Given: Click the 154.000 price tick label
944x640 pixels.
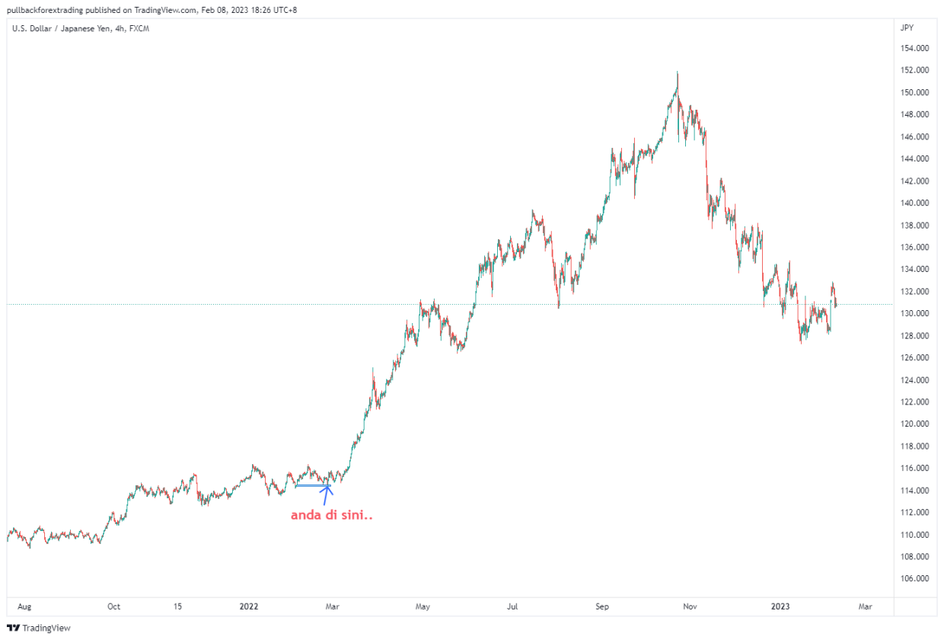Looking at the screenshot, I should click(x=914, y=48).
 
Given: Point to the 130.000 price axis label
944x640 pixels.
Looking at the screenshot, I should click(x=914, y=313).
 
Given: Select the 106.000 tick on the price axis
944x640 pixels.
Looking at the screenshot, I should click(x=914, y=578).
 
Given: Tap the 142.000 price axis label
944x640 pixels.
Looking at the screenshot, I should click(x=914, y=181).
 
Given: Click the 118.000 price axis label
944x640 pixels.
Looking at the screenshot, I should click(x=914, y=446).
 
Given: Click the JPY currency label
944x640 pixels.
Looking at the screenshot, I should click(x=907, y=27).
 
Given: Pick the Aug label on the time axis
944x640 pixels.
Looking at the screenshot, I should click(x=24, y=606).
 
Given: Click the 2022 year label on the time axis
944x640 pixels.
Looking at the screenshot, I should click(x=249, y=606).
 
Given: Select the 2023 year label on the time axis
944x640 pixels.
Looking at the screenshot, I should click(x=780, y=606).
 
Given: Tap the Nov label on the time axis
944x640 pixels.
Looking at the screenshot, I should click(x=690, y=606).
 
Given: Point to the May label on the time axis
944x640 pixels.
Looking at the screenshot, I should click(x=423, y=606).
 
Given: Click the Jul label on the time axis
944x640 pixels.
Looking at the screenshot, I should click(x=512, y=606).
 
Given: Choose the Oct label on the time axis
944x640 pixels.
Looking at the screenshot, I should click(x=113, y=606).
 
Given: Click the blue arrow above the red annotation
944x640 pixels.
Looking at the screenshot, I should click(x=327, y=494).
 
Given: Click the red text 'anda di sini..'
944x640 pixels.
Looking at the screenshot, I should click(x=332, y=515).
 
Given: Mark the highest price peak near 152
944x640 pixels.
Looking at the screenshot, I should click(x=677, y=72).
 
